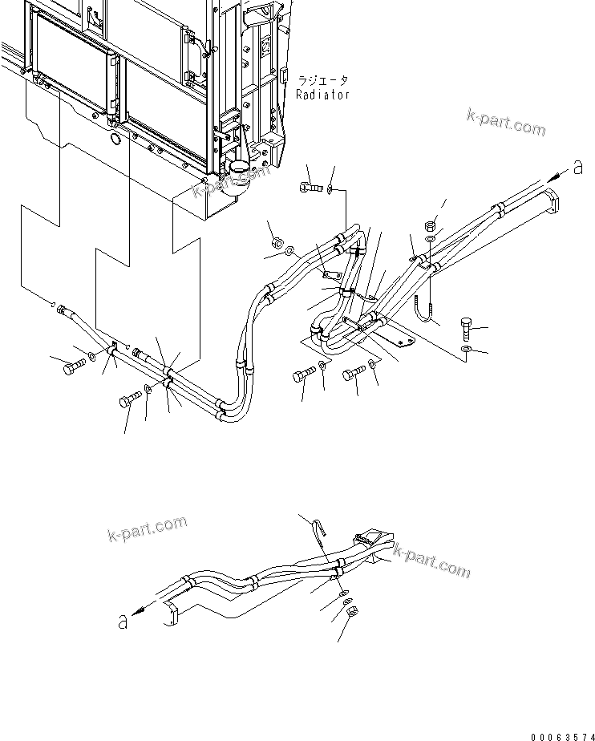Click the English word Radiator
[322, 95]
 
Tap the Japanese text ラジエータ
[322, 81]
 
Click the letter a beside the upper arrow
[577, 168]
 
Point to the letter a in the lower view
[123, 621]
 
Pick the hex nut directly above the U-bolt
[431, 225]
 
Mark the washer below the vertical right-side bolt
[467, 350]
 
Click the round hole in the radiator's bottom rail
[115, 140]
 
